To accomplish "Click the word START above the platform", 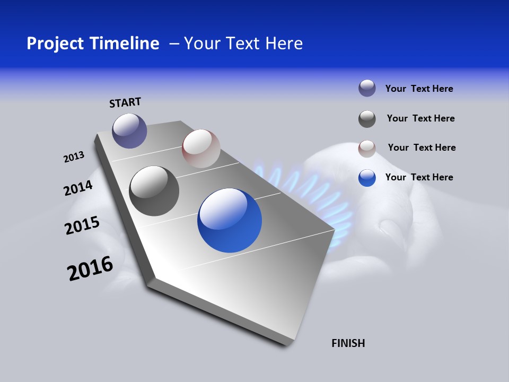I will (x=125, y=102).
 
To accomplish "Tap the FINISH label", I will (x=348, y=343).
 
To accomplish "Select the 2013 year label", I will (x=74, y=157).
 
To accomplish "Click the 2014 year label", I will (x=78, y=188).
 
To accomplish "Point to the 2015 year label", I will (x=82, y=225).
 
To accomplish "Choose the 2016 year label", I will (x=90, y=268).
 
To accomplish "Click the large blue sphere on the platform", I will (x=230, y=220).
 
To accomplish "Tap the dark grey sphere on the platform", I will (x=154, y=191).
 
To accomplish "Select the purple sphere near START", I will (x=129, y=131).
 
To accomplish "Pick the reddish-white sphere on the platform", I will (x=201, y=149).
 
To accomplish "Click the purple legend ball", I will (x=367, y=89).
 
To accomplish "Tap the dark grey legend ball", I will (x=367, y=119).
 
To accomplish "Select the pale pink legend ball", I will (x=367, y=149).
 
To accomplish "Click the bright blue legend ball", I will (x=367, y=178).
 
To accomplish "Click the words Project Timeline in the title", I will (x=93, y=44).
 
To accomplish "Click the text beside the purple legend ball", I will (x=419, y=89).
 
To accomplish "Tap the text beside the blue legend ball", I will (x=419, y=177).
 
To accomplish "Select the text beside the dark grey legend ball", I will (x=420, y=118).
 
